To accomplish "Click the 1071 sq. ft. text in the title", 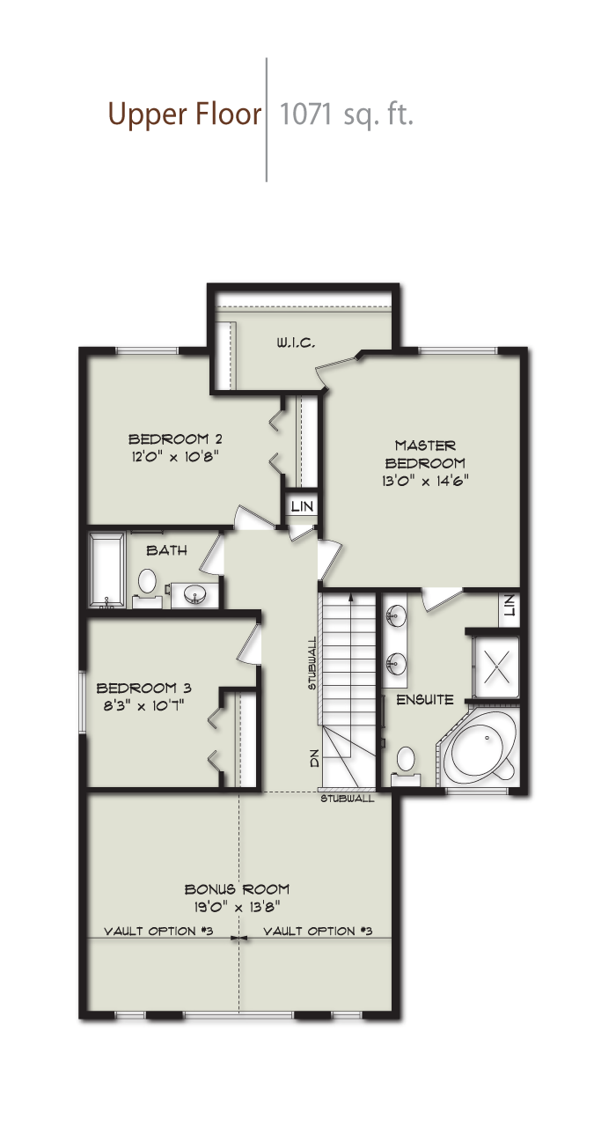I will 346,115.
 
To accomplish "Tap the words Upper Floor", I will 185,115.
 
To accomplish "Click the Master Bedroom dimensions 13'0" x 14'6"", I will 425,481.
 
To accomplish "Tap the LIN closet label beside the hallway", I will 302,506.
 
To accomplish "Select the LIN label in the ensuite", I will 509,606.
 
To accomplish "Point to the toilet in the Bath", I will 146,582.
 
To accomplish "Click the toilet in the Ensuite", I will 406,761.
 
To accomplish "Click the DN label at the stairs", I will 315,758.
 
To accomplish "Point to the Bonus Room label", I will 237,889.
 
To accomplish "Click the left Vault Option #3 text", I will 158,931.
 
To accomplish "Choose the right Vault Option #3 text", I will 318,931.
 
